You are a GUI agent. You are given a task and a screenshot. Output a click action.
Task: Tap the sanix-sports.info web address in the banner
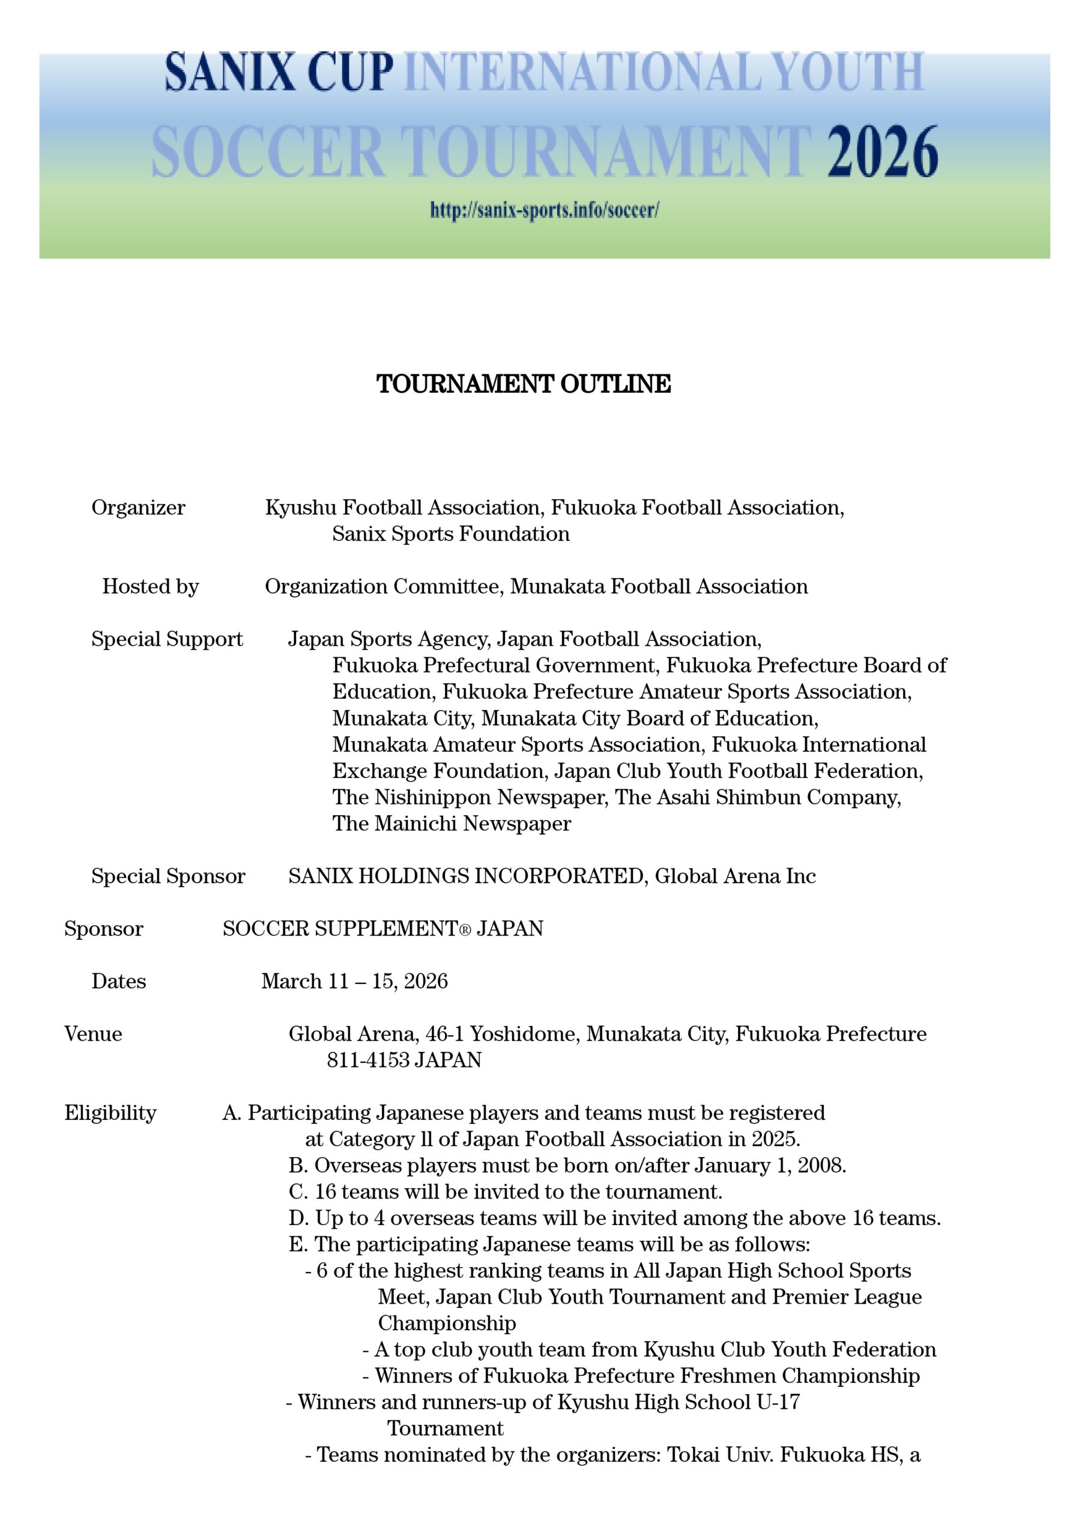pyautogui.click(x=544, y=210)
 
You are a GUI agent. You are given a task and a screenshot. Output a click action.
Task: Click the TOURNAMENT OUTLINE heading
pyautogui.click(x=523, y=384)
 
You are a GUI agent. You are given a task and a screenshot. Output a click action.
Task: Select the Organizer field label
pyautogui.click(x=138, y=507)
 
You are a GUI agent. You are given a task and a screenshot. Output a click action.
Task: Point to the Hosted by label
pyautogui.click(x=150, y=586)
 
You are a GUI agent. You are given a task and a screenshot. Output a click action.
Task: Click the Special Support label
pyautogui.click(x=167, y=639)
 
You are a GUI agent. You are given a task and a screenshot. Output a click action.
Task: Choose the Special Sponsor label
pyautogui.click(x=168, y=876)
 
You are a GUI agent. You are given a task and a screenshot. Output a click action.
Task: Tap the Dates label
pyautogui.click(x=118, y=981)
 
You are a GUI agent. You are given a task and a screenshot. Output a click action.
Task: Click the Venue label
pyautogui.click(x=93, y=1033)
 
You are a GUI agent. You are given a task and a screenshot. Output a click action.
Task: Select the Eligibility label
pyautogui.click(x=110, y=1113)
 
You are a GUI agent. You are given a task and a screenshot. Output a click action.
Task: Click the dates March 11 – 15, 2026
pyautogui.click(x=354, y=981)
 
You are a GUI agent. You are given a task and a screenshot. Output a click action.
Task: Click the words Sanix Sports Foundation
pyautogui.click(x=451, y=534)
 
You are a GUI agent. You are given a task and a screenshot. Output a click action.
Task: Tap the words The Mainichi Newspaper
pyautogui.click(x=452, y=823)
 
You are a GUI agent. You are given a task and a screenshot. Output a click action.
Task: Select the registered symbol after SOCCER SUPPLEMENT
pyautogui.click(x=465, y=929)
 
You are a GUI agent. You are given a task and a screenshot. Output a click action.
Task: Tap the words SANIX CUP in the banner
pyautogui.click(x=279, y=72)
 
